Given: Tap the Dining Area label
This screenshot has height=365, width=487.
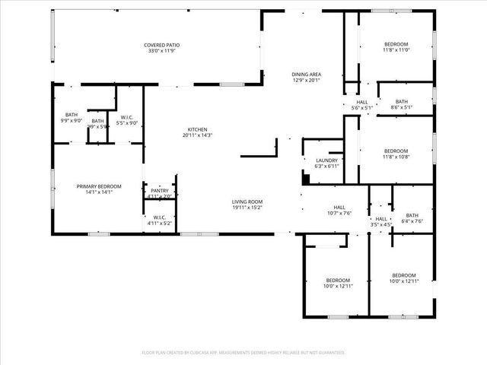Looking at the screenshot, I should [307, 74].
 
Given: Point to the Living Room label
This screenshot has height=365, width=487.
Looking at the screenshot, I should [247, 202].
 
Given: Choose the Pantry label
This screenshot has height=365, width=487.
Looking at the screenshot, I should [160, 191].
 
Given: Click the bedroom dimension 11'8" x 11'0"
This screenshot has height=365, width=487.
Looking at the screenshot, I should [396, 50].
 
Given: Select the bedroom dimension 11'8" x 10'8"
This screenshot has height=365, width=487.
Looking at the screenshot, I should [396, 156].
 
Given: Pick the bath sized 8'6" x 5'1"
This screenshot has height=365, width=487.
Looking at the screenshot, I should [402, 107].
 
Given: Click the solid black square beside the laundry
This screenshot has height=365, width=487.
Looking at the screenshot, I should [306, 180].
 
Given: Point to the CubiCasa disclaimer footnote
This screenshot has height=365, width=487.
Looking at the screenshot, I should [243, 353].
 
